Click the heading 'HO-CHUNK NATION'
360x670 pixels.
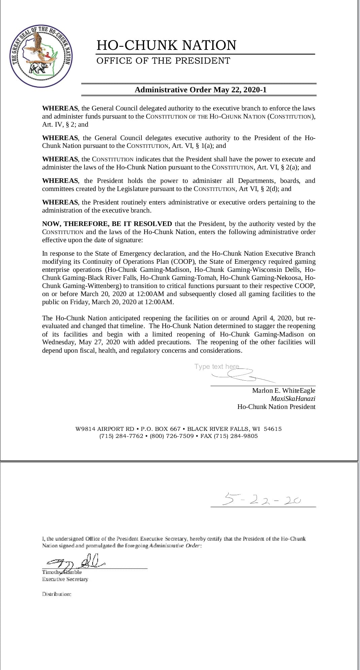[166, 45]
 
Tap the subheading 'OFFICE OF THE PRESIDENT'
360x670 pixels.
[163, 61]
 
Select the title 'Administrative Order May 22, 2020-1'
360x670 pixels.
[200, 90]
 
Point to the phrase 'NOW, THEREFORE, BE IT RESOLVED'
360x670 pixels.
[107, 224]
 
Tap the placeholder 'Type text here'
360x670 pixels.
[217, 366]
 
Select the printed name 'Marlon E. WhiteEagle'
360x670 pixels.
[284, 390]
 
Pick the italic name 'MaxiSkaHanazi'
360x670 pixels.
[293, 398]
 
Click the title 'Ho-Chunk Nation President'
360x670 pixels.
[276, 407]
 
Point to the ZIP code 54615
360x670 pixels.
[273, 429]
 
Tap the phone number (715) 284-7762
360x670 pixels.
[121, 436]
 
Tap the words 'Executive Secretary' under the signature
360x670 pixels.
[65, 579]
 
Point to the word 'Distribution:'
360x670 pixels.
[57, 594]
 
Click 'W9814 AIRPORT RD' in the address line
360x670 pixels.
[105, 429]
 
